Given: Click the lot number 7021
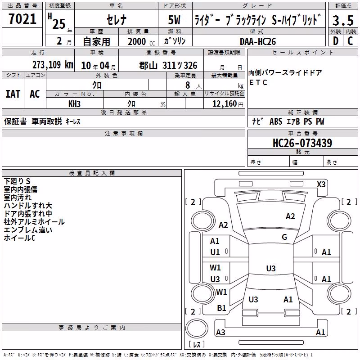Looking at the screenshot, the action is (22, 19).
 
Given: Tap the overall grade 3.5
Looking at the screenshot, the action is (343, 20).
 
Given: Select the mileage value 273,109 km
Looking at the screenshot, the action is (53, 65).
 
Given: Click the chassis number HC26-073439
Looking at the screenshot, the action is (302, 143).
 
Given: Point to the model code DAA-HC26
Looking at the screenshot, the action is (258, 41).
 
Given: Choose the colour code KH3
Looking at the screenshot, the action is (74, 104).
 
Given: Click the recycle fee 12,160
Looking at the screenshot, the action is (225, 104).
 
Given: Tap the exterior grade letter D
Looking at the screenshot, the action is (336, 41).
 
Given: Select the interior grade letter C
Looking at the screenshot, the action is (350, 41).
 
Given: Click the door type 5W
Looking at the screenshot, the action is (174, 20).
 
